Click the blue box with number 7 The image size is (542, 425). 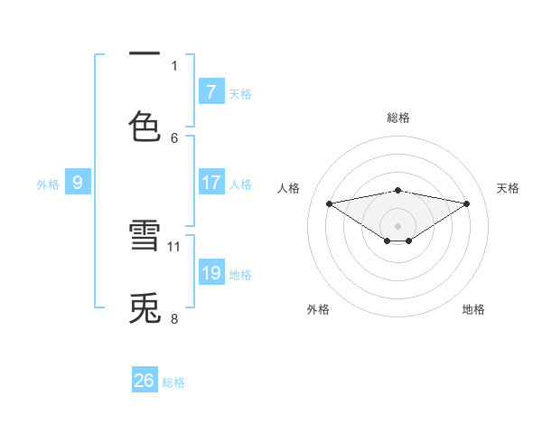click(x=210, y=92)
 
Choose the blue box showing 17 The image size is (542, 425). click(x=210, y=183)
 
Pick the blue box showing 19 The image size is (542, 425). click(x=210, y=273)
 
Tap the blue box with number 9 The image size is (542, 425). click(x=78, y=183)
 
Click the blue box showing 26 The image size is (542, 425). click(x=144, y=381)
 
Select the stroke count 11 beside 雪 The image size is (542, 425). click(x=175, y=246)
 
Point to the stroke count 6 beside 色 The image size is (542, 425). click(x=175, y=137)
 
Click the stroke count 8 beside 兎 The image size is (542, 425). click(x=174, y=318)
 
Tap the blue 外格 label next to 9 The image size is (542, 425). click(x=48, y=184)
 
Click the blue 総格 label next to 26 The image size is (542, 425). click(x=173, y=382)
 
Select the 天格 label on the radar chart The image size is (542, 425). click(x=508, y=188)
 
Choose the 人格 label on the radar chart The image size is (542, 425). click(x=288, y=188)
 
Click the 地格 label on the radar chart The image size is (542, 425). click(x=473, y=309)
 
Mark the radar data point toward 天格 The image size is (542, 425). click(x=467, y=203)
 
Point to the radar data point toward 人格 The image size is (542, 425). click(x=330, y=203)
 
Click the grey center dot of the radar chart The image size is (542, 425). click(x=398, y=225)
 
